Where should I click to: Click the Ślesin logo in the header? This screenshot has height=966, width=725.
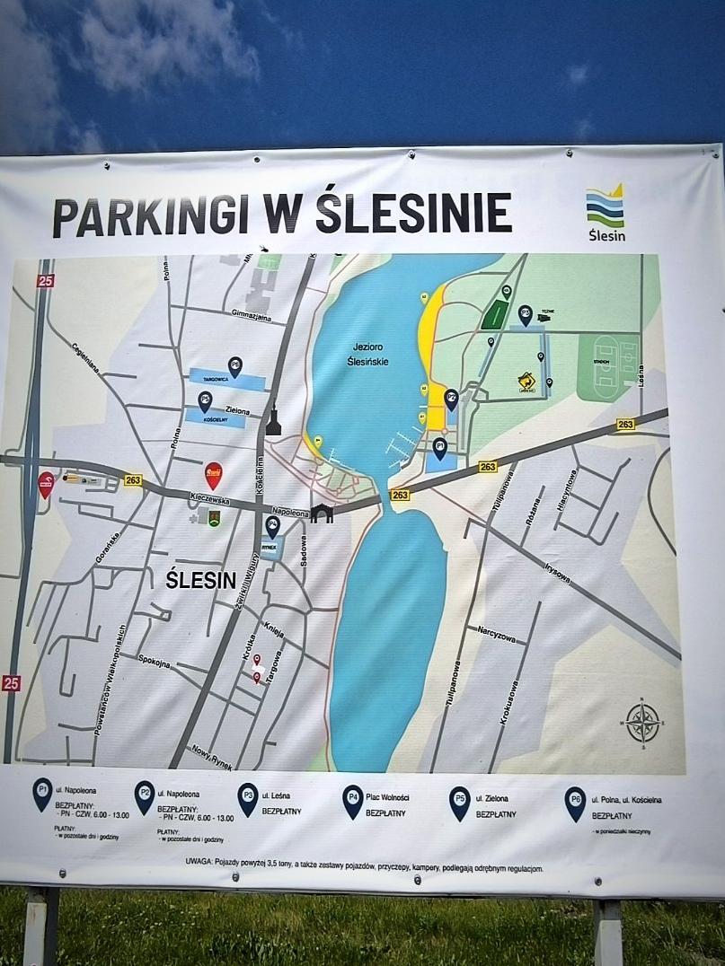click(x=606, y=212)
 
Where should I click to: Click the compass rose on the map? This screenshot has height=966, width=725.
click(x=642, y=722)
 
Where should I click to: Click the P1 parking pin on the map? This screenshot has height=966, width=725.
click(x=439, y=447)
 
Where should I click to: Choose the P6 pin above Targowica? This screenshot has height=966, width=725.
click(x=234, y=365)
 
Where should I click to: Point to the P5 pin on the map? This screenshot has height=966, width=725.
click(x=206, y=400)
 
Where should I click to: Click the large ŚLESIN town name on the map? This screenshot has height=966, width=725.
click(x=200, y=580)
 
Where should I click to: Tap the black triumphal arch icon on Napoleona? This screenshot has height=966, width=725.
click(x=322, y=514)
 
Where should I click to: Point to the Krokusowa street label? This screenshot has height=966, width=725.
click(x=508, y=702)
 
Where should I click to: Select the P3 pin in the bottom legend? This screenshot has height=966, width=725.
click(x=247, y=795)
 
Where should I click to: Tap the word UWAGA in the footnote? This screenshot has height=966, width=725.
click(x=194, y=868)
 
